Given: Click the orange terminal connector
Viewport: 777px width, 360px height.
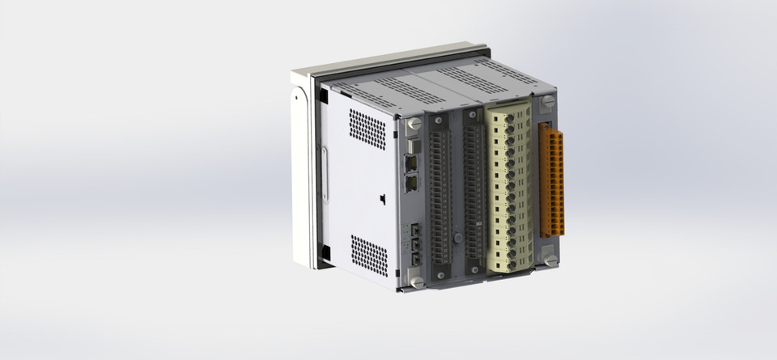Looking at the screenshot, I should click(x=554, y=180).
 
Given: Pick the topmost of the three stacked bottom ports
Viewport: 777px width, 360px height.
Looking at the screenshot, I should click(x=415, y=231).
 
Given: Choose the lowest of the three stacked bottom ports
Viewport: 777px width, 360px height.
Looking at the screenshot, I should click(x=415, y=257).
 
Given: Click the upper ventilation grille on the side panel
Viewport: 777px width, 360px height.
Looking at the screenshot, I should click(x=367, y=129).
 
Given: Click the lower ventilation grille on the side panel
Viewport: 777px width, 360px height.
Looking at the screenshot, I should click(x=369, y=254).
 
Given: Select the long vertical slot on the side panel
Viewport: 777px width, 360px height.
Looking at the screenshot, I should click(x=325, y=173).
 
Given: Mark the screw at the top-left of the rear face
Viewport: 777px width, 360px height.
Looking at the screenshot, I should click(x=415, y=124).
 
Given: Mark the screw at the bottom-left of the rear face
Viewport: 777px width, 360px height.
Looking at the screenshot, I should click(x=417, y=281).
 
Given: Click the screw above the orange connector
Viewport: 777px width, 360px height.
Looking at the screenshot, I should click(x=548, y=103).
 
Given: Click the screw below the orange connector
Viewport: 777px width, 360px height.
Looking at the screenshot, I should click(x=550, y=260).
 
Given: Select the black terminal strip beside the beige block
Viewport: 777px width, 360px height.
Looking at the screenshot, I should click(x=473, y=194).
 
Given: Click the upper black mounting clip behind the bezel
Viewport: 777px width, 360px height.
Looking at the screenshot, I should click(x=323, y=95).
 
